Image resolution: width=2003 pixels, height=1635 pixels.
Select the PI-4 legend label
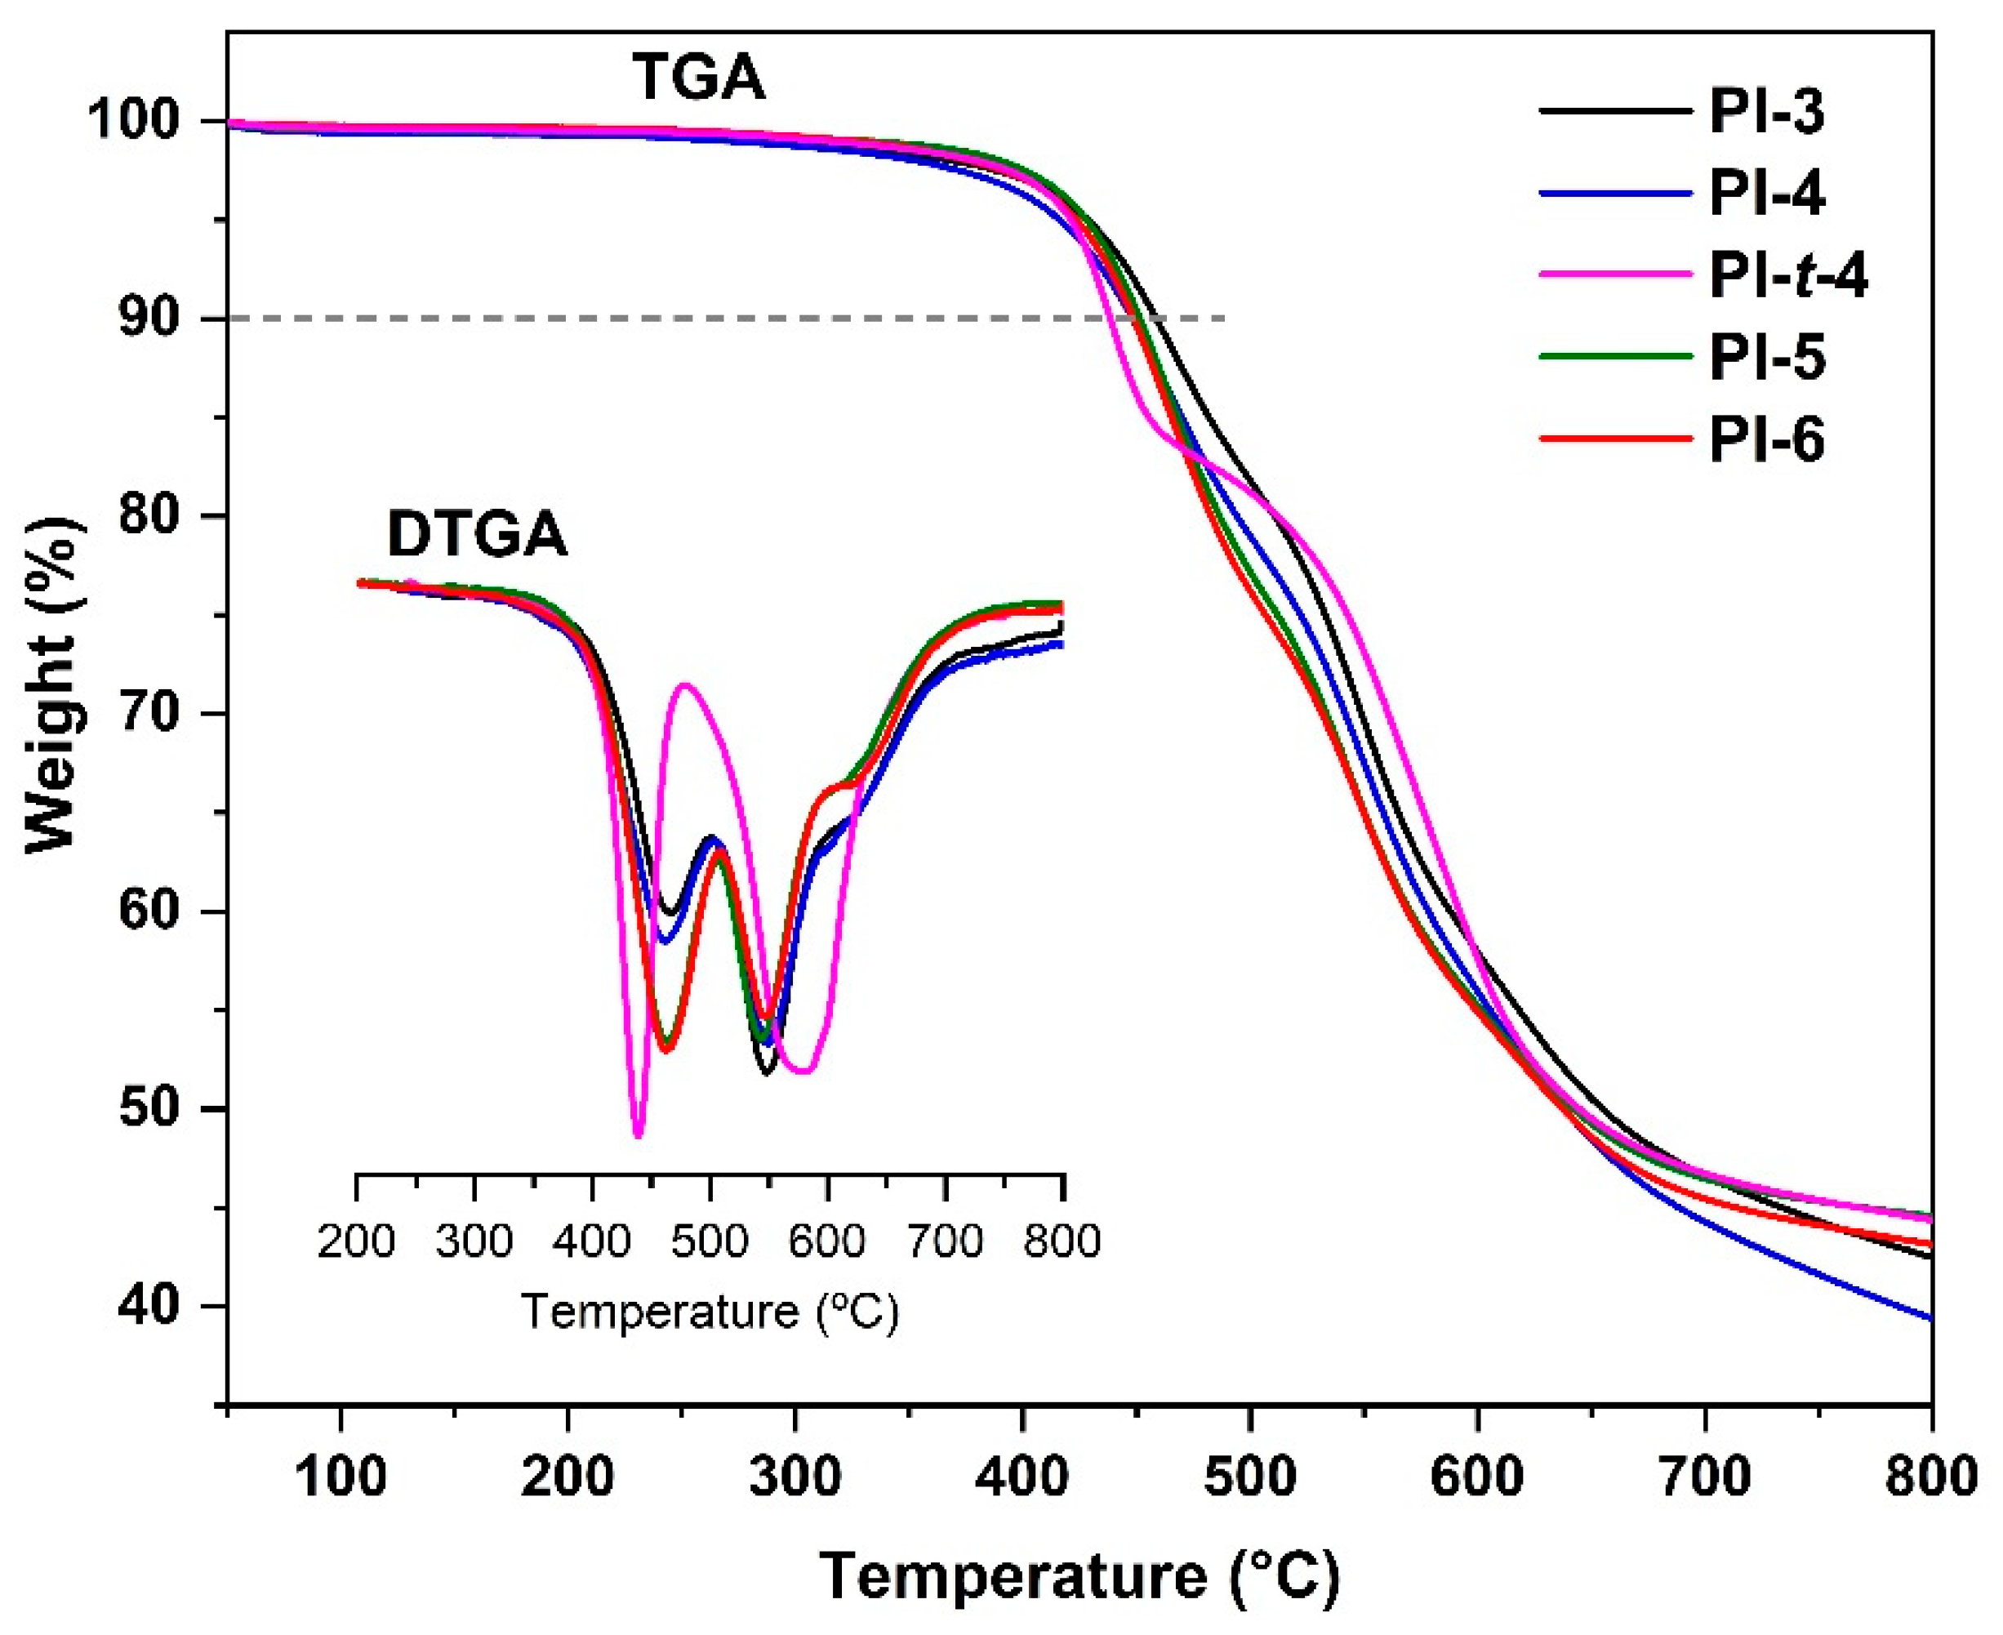pos(1767,194)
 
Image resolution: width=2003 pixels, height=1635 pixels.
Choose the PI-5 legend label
pos(1767,358)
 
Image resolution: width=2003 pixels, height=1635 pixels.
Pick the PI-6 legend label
pos(1767,440)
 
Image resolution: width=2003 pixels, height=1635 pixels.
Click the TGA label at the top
pos(698,78)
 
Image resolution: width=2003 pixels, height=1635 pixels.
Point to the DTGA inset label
pos(478,536)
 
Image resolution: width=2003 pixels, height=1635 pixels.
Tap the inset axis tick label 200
pos(356,1241)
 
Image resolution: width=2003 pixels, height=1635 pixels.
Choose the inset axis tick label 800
pos(1062,1241)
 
